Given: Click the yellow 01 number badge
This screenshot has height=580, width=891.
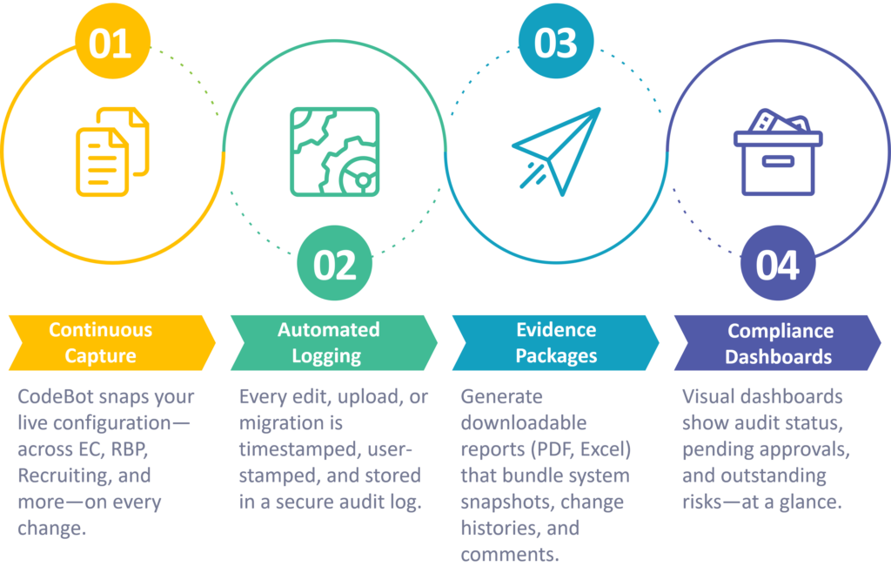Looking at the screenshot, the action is point(112,42).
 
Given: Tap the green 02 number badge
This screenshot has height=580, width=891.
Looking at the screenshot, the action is point(335,263).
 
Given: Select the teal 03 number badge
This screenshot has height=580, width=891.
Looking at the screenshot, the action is point(556,42).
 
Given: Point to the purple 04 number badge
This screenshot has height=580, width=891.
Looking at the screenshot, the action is point(778,263).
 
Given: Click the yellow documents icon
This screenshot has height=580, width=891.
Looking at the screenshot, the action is point(112,152).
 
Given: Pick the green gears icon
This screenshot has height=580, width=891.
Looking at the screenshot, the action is point(335,152).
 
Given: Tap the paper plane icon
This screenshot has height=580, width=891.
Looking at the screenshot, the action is point(556,152).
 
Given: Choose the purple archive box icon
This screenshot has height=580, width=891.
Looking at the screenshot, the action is point(778,152).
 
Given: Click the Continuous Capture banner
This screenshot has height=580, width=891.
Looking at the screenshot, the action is point(112,343).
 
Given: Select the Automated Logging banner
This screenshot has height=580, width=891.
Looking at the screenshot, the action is point(334,343).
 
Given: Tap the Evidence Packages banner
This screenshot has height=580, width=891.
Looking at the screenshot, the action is point(556,343).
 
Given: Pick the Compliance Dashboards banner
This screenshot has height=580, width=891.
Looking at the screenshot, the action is point(777,343).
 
